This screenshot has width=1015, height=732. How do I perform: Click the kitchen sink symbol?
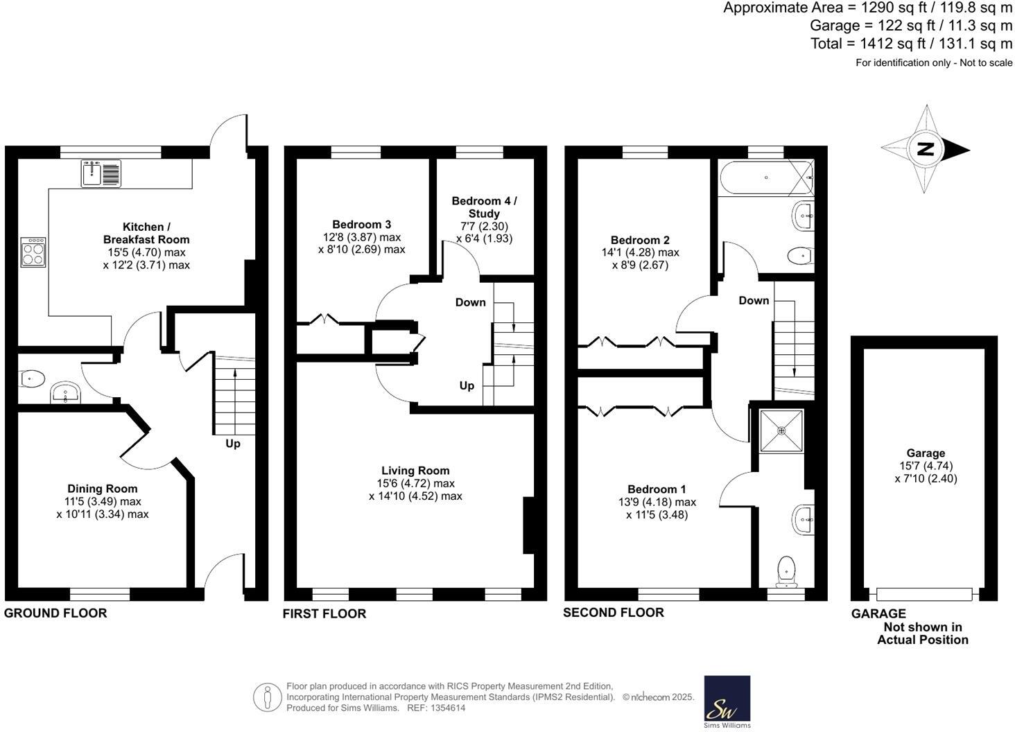(x=101, y=173)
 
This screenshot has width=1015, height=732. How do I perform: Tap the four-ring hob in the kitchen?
(x=33, y=252)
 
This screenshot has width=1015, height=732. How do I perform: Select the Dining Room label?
(x=102, y=489)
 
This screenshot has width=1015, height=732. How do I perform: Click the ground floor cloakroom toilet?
(x=33, y=378)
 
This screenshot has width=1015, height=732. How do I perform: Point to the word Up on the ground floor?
(x=232, y=444)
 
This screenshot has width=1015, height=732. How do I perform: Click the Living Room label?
(x=415, y=471)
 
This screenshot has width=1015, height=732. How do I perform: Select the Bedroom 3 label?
(x=361, y=224)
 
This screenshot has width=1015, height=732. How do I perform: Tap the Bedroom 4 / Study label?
(x=484, y=207)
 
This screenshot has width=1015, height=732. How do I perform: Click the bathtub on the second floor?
(x=765, y=177)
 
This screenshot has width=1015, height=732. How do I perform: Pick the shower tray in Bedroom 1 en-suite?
(x=782, y=431)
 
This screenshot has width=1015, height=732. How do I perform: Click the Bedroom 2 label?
(x=640, y=240)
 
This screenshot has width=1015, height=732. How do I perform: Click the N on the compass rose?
(x=923, y=149)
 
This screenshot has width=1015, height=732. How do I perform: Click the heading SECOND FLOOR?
(x=614, y=613)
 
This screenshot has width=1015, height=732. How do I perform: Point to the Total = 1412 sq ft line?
(x=911, y=44)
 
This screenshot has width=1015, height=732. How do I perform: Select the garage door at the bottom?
(x=924, y=594)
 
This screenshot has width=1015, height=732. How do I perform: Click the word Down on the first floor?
(x=470, y=302)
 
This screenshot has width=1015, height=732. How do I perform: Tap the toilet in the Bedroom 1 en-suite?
(x=786, y=571)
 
